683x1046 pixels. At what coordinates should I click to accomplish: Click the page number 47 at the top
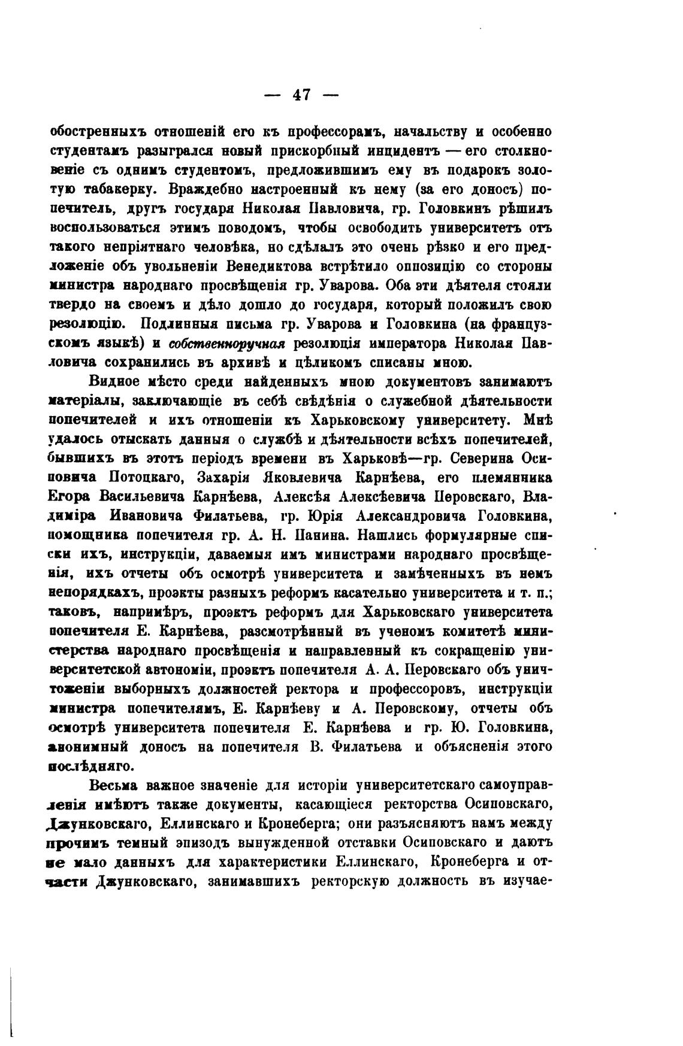pyautogui.click(x=301, y=95)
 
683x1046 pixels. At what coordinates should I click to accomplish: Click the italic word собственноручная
pyautogui.click(x=227, y=344)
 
